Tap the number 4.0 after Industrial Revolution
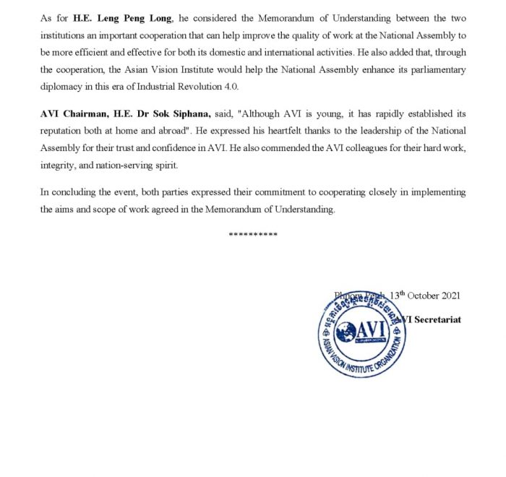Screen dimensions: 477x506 tap(228, 86)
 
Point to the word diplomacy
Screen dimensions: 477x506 tap(61, 86)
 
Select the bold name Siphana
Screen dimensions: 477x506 tap(191, 114)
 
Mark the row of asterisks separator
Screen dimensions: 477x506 tap(253, 235)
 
